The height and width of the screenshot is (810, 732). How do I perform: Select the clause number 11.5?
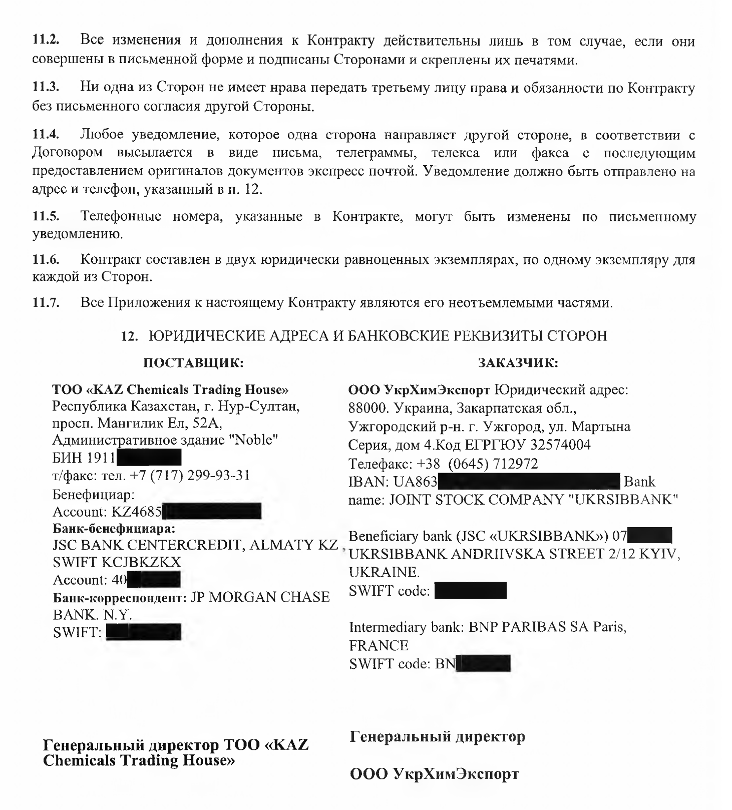pos(46,217)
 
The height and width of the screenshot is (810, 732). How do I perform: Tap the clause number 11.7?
pos(46,303)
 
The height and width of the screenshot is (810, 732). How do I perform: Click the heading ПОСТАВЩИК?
pos(194,362)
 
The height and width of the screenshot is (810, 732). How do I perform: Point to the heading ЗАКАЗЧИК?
pos(518,362)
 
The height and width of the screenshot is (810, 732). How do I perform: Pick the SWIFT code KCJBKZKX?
pos(141,562)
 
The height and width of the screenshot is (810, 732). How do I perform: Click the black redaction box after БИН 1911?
pos(148,458)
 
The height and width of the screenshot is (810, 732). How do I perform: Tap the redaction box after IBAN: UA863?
pos(529,482)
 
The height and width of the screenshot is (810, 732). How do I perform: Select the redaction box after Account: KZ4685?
pos(212,512)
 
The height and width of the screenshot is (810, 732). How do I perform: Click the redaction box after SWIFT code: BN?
pos(483,664)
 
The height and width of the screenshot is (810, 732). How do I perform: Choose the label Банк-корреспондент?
pos(120,597)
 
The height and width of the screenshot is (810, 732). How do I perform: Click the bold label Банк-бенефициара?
pos(115,528)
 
